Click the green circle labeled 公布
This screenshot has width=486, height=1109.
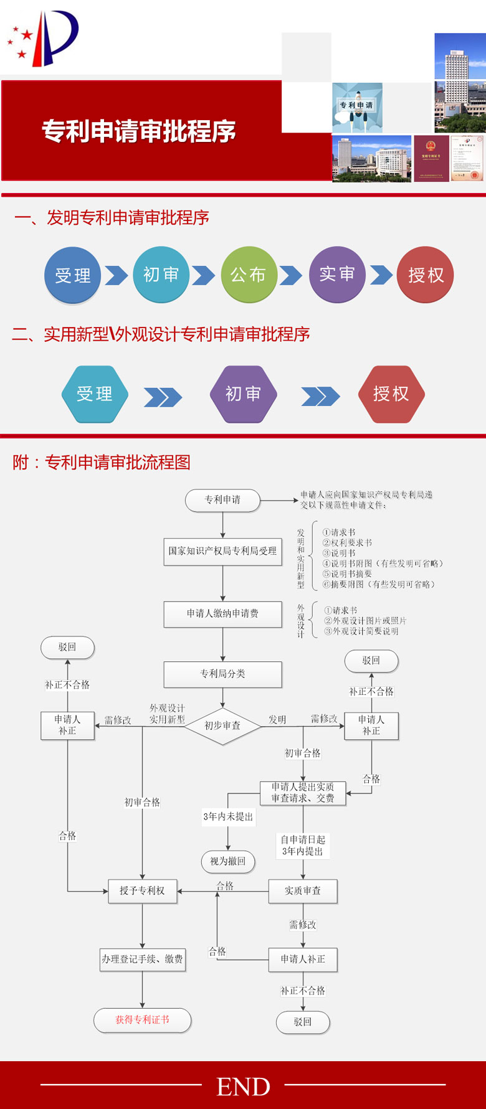tap(249, 275)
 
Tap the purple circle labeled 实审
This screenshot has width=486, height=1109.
tap(337, 275)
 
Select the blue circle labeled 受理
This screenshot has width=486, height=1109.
tap(72, 275)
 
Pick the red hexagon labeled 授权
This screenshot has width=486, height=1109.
tap(391, 394)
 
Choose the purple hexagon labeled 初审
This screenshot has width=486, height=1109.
tap(243, 394)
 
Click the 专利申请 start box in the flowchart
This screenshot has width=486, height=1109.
tap(222, 500)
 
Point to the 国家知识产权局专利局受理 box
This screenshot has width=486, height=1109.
tap(222, 552)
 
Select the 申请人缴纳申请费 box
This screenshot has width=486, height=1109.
tap(222, 614)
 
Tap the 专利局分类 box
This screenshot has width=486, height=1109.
tap(222, 674)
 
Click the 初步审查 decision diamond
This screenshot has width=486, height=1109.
tap(222, 726)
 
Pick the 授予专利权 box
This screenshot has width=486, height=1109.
tap(142, 891)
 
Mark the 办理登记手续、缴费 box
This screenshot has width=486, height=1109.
tap(142, 960)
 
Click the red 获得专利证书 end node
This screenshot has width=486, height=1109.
tap(142, 1020)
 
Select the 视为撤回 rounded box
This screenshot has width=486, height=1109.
tap(228, 862)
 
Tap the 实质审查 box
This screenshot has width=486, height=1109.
tap(303, 891)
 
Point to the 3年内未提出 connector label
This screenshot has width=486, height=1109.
tap(228, 817)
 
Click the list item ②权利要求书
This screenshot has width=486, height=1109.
tap(347, 543)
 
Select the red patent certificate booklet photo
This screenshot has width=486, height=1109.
tap(431, 159)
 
